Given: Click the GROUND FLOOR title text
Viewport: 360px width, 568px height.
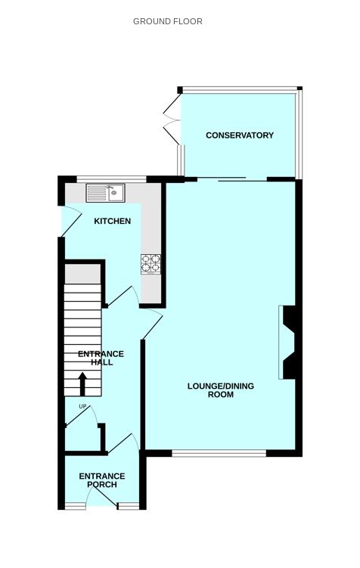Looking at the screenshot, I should [167, 21].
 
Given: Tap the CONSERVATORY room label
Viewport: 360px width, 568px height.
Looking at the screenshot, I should [239, 135].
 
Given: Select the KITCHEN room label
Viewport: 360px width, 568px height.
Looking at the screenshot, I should [112, 222].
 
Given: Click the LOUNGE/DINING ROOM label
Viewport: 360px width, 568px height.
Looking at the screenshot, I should [220, 390].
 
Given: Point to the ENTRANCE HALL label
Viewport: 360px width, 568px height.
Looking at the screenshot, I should [101, 358].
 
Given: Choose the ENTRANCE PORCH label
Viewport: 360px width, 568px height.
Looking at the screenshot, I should [101, 480].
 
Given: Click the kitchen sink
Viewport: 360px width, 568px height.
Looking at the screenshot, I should [106, 193].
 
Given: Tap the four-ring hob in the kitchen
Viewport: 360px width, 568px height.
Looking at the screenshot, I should [151, 263].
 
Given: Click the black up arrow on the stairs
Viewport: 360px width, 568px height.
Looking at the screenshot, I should [82, 383].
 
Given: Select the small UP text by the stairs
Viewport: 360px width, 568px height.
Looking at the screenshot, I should [82, 408].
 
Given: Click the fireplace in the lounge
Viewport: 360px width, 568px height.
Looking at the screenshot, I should [288, 342].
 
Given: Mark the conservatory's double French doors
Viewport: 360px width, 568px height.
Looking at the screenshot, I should [172, 119].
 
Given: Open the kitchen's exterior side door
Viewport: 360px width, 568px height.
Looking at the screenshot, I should [70, 222].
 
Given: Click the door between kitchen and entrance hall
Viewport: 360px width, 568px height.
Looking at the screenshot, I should [122, 296].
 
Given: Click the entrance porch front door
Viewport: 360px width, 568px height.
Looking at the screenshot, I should [101, 497].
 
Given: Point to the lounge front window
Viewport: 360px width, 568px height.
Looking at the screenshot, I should [219, 454].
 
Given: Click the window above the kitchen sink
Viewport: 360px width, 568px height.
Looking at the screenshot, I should [110, 179].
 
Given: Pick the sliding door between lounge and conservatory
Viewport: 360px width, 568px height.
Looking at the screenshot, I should [242, 179].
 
